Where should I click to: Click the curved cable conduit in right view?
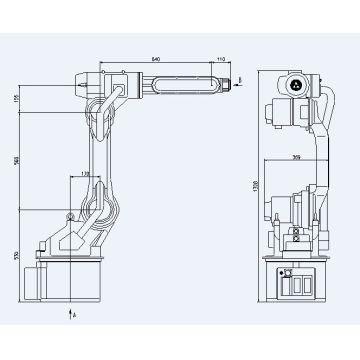click(x=324, y=130)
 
